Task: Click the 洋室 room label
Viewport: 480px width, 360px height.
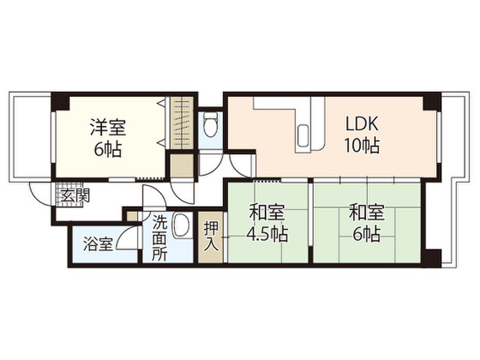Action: tap(108, 127)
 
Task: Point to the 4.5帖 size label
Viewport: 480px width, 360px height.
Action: tap(267, 234)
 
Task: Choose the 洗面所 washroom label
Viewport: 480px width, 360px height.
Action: tap(159, 238)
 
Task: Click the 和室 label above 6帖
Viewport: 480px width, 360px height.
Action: tap(367, 213)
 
